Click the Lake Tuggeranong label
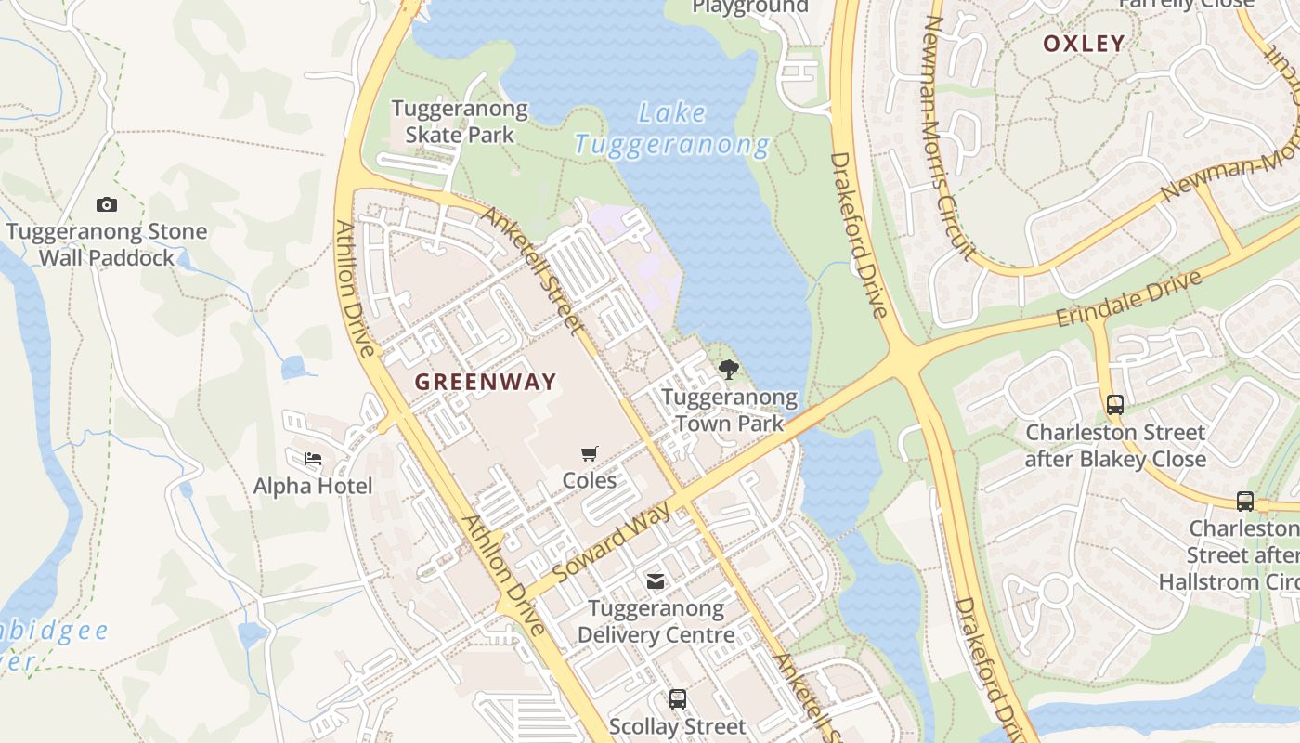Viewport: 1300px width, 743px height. pyautogui.click(x=672, y=129)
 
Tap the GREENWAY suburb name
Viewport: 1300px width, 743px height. pyautogui.click(x=485, y=382)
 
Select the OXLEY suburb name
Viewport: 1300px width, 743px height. pyautogui.click(x=1084, y=44)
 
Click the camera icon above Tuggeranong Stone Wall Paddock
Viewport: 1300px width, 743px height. pyautogui.click(x=107, y=204)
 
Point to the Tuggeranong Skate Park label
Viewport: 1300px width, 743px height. pyautogui.click(x=460, y=122)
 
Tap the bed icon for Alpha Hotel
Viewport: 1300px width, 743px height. pyautogui.click(x=313, y=459)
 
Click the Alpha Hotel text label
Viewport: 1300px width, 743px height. pyautogui.click(x=313, y=486)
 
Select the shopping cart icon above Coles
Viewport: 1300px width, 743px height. pyautogui.click(x=589, y=453)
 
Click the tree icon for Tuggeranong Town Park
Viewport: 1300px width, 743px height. pyautogui.click(x=729, y=370)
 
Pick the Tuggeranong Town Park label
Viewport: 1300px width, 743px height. pyautogui.click(x=729, y=411)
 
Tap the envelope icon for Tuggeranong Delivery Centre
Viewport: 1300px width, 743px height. pyautogui.click(x=656, y=581)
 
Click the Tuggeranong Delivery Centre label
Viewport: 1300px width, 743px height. pyautogui.click(x=656, y=622)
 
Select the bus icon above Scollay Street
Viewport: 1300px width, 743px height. pyautogui.click(x=678, y=699)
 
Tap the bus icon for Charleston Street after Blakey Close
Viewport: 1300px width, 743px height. pyautogui.click(x=1115, y=405)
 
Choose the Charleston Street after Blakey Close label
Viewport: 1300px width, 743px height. pyautogui.click(x=1115, y=446)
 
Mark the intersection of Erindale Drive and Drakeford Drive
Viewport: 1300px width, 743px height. pyautogui.click(x=906, y=358)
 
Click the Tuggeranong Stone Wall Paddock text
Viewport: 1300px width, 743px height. pyautogui.click(x=107, y=244)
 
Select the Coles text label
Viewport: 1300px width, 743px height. pyautogui.click(x=589, y=480)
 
